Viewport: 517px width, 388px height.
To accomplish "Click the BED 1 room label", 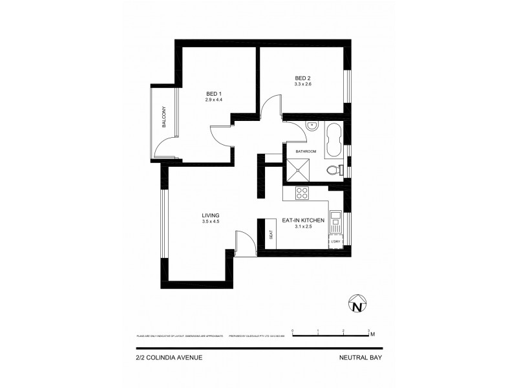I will pyautogui.click(x=213, y=92).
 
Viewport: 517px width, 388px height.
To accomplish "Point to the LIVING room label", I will pyautogui.click(x=211, y=215).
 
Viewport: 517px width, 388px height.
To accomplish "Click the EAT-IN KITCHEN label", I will pyautogui.click(x=303, y=221).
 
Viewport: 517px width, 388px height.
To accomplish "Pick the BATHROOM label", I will pyautogui.click(x=306, y=151).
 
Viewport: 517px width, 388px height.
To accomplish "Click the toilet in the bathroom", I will pyautogui.click(x=333, y=171).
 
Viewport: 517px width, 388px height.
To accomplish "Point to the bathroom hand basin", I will pyautogui.click(x=311, y=125).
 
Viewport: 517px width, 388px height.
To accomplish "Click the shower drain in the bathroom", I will pyautogui.click(x=299, y=171).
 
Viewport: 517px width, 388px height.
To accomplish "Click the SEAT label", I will pyautogui.click(x=271, y=235).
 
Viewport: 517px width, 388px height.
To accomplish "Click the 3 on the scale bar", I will pyautogui.click(x=368, y=330).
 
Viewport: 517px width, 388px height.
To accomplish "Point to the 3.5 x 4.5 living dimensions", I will pyautogui.click(x=211, y=222).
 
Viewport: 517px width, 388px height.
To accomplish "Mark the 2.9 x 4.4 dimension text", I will pyautogui.click(x=213, y=100).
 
